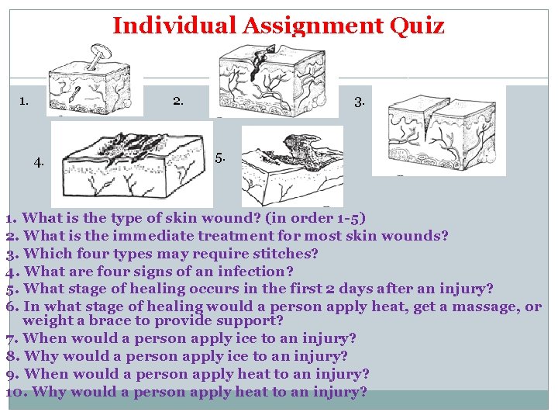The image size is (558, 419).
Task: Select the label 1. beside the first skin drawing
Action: pos(25,100)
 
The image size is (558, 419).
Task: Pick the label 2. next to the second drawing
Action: pos(178,100)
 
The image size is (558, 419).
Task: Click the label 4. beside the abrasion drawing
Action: pos(40,162)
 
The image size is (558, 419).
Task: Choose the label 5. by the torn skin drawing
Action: pos(221,158)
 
